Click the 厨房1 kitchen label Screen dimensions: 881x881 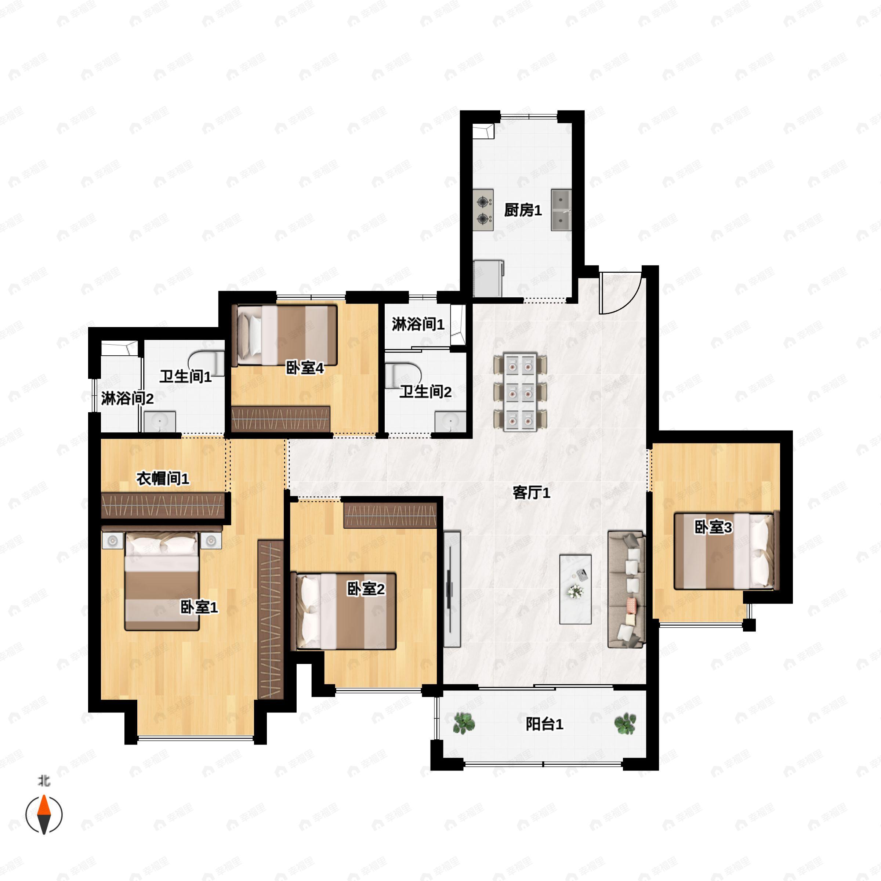pos(523,211)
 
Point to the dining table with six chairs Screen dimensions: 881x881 pos(520,392)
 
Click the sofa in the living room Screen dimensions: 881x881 pos(626,589)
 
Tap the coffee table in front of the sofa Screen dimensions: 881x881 pos(576,589)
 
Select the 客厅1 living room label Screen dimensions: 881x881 pos(531,493)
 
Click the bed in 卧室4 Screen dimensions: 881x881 pos(284,335)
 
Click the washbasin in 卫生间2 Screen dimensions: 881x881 pos(450,421)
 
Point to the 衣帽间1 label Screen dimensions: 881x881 pos(163,479)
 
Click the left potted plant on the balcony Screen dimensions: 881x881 pos(464,723)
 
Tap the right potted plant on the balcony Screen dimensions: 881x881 pos(625,723)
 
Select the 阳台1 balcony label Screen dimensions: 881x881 pos(544,724)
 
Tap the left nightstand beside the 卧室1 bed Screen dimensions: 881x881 pos(113,541)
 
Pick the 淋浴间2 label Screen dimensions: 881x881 pos(127,399)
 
